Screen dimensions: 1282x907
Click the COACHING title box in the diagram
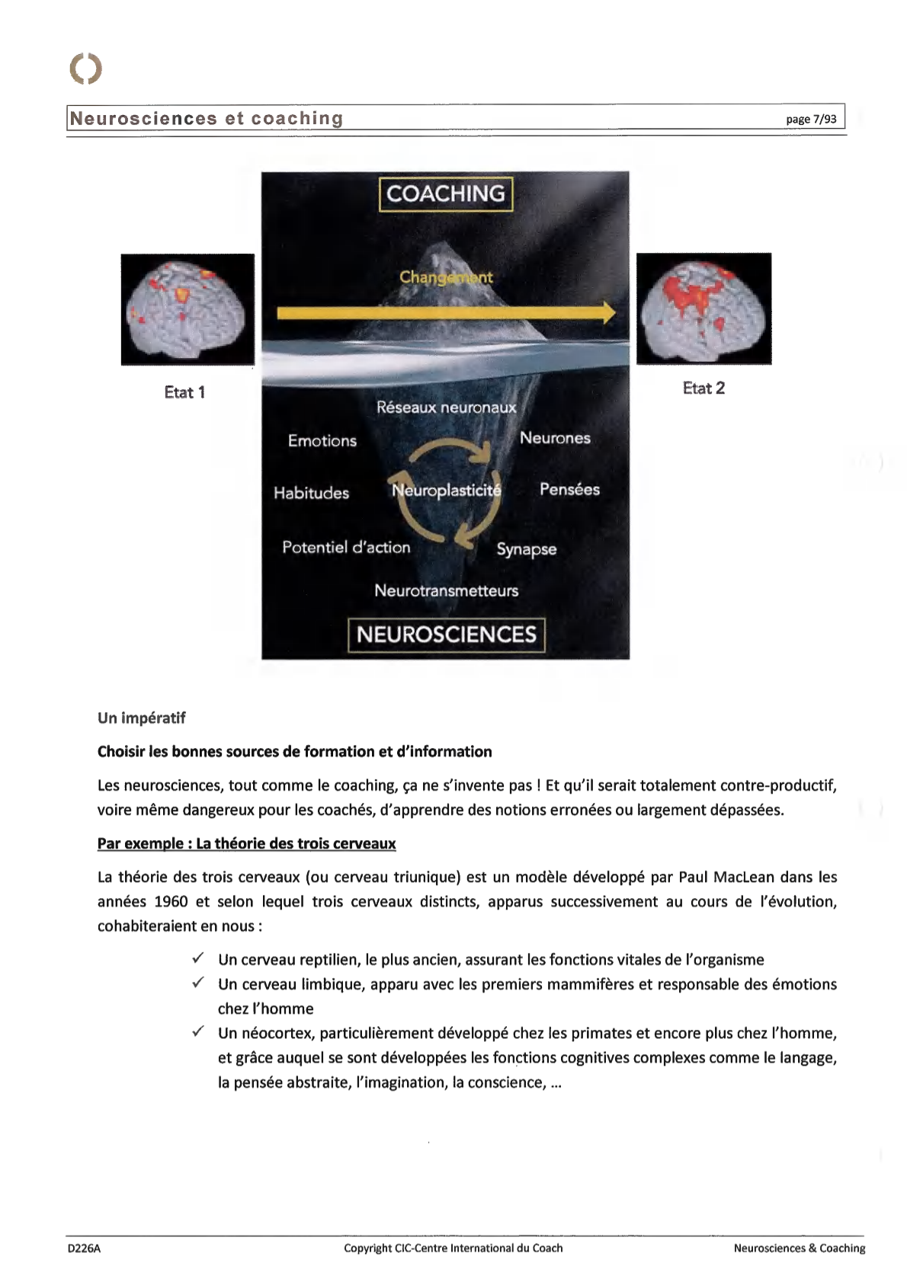click(446, 194)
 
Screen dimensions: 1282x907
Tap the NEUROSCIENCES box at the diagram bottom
click(447, 635)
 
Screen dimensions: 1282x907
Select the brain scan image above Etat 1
click(187, 309)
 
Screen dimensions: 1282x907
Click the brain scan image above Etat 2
click(703, 309)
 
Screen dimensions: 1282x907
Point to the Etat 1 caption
click(184, 392)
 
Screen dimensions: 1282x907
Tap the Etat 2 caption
click(703, 388)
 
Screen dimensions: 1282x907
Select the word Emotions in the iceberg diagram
click(322, 441)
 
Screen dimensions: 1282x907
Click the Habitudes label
click(311, 493)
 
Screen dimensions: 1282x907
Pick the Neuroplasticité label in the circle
click(447, 491)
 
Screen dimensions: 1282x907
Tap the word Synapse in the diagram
click(527, 549)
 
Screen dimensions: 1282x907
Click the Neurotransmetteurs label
click(447, 591)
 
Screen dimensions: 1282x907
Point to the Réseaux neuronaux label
click(447, 408)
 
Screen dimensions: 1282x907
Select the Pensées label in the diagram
click(569, 490)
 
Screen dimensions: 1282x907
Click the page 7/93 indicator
click(811, 119)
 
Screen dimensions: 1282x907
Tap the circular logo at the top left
click(85, 69)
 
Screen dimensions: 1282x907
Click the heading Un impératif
click(142, 718)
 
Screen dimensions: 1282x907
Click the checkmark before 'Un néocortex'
click(198, 1031)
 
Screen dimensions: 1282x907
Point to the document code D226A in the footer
click(84, 1248)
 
